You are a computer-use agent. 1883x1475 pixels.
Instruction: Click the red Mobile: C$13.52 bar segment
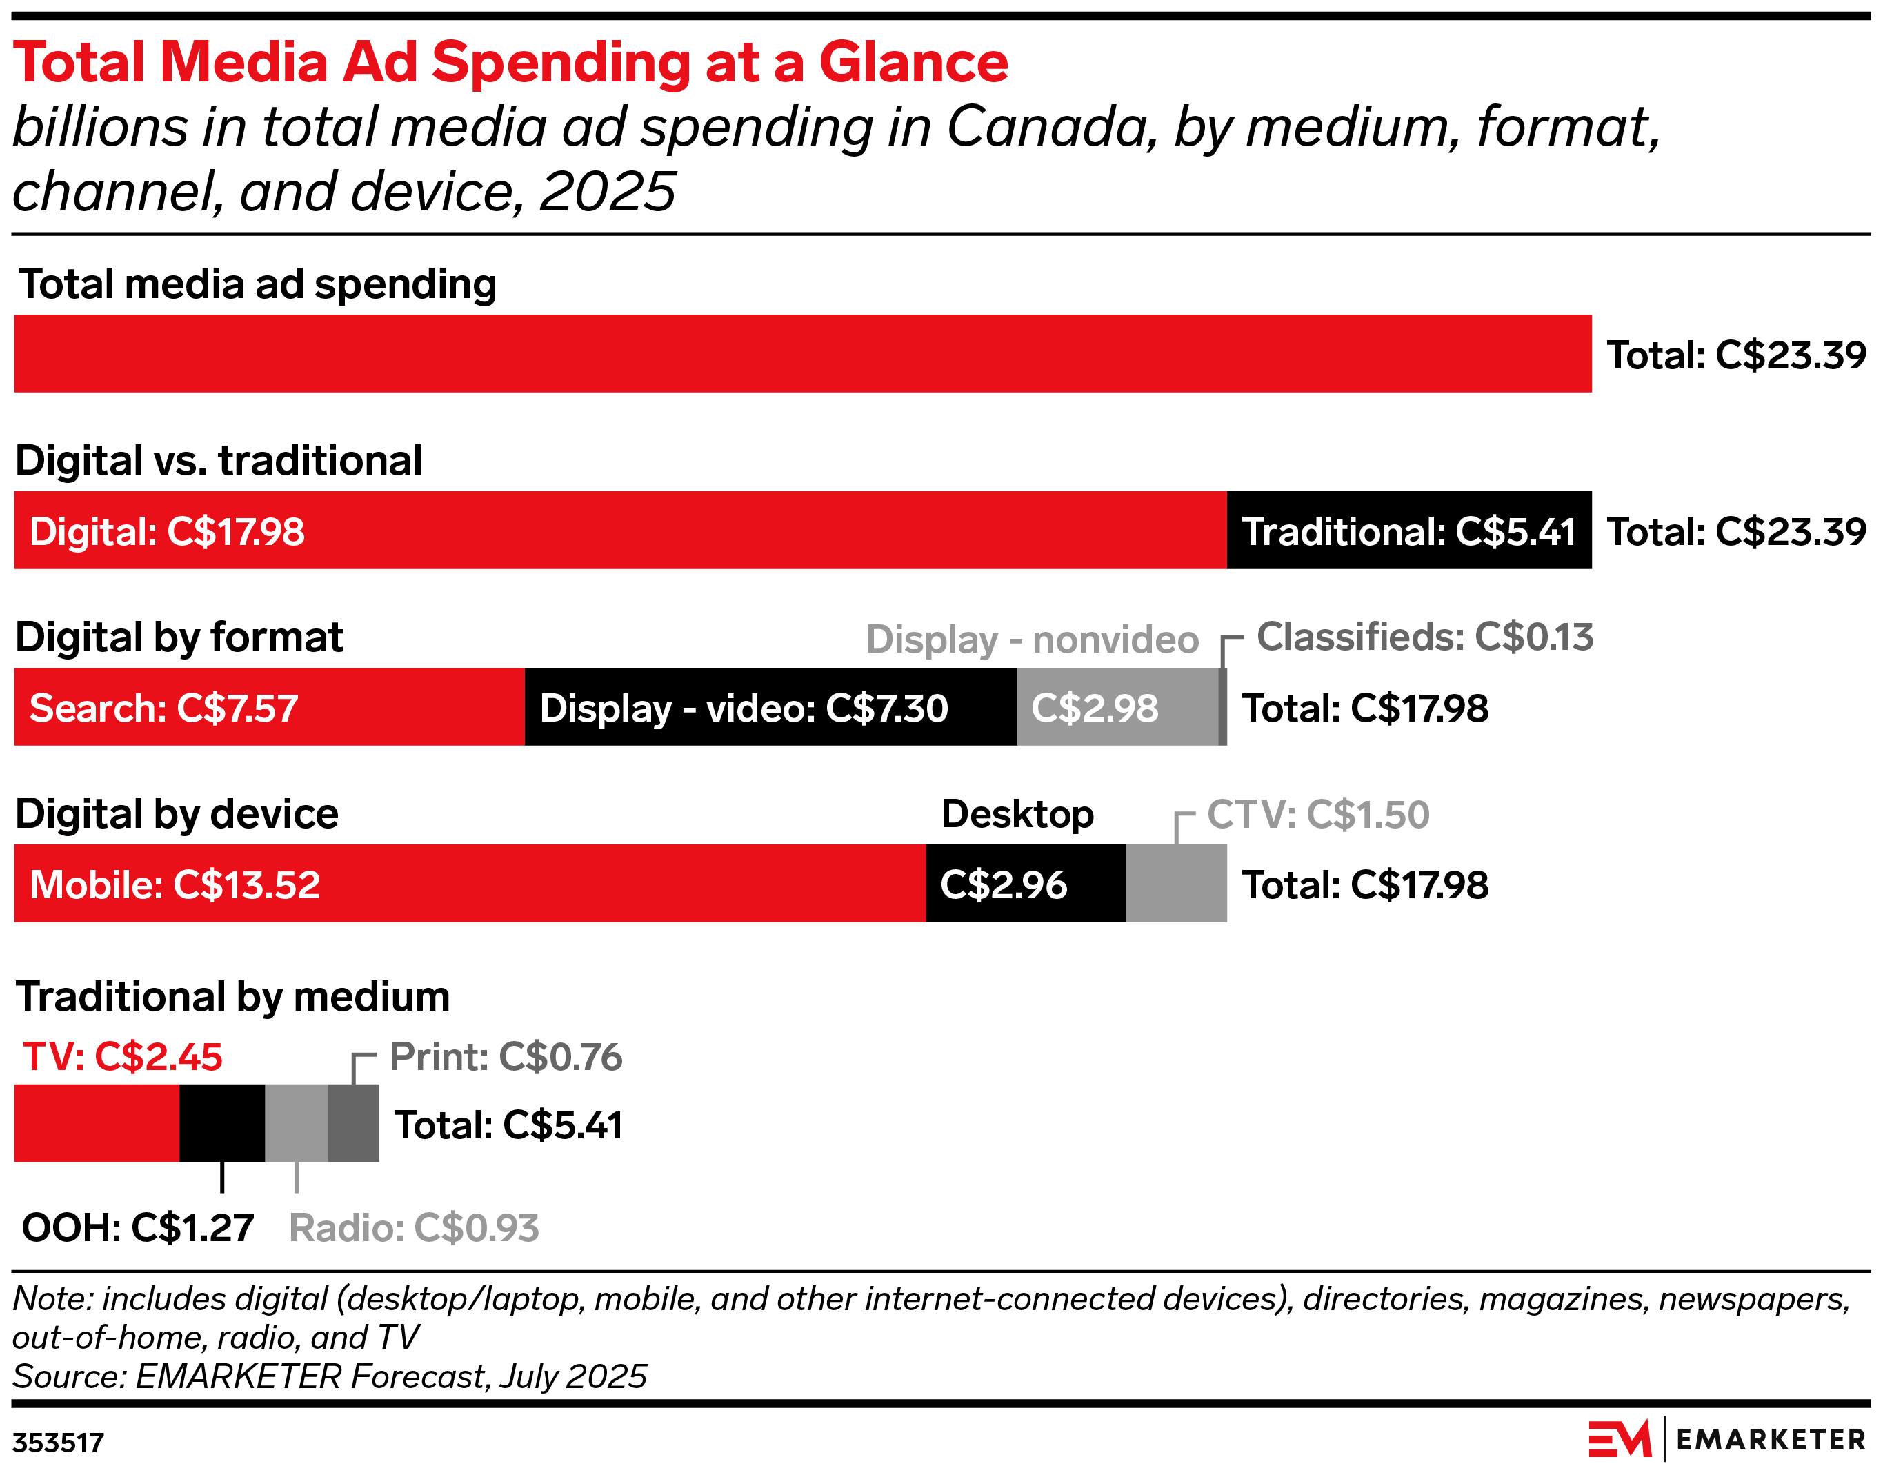point(470,884)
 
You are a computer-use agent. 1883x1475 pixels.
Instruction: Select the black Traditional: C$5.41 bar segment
point(1408,531)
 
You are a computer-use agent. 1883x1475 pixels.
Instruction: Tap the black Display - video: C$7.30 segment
point(770,707)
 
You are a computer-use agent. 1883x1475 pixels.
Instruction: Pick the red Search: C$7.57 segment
point(270,707)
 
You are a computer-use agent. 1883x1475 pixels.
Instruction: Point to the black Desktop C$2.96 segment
point(1025,884)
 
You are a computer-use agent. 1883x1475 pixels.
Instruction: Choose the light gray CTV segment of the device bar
point(1175,884)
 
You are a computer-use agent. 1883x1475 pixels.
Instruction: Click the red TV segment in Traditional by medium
point(97,1124)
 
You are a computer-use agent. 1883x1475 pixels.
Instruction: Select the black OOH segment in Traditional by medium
point(222,1124)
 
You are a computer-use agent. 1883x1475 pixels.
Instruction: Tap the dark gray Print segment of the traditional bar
point(354,1124)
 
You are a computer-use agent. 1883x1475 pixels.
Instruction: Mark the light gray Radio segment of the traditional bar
point(296,1124)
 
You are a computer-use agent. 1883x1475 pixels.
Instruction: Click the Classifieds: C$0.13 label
point(1424,637)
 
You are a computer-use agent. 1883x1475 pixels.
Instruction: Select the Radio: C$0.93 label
point(414,1228)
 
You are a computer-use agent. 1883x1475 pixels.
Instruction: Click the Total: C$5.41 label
point(508,1126)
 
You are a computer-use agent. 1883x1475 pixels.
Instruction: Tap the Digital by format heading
point(179,638)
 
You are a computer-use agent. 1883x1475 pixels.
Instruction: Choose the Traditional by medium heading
point(233,998)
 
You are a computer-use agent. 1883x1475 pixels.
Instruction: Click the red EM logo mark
point(1619,1440)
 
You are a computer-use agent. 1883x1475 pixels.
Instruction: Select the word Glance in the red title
point(913,63)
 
